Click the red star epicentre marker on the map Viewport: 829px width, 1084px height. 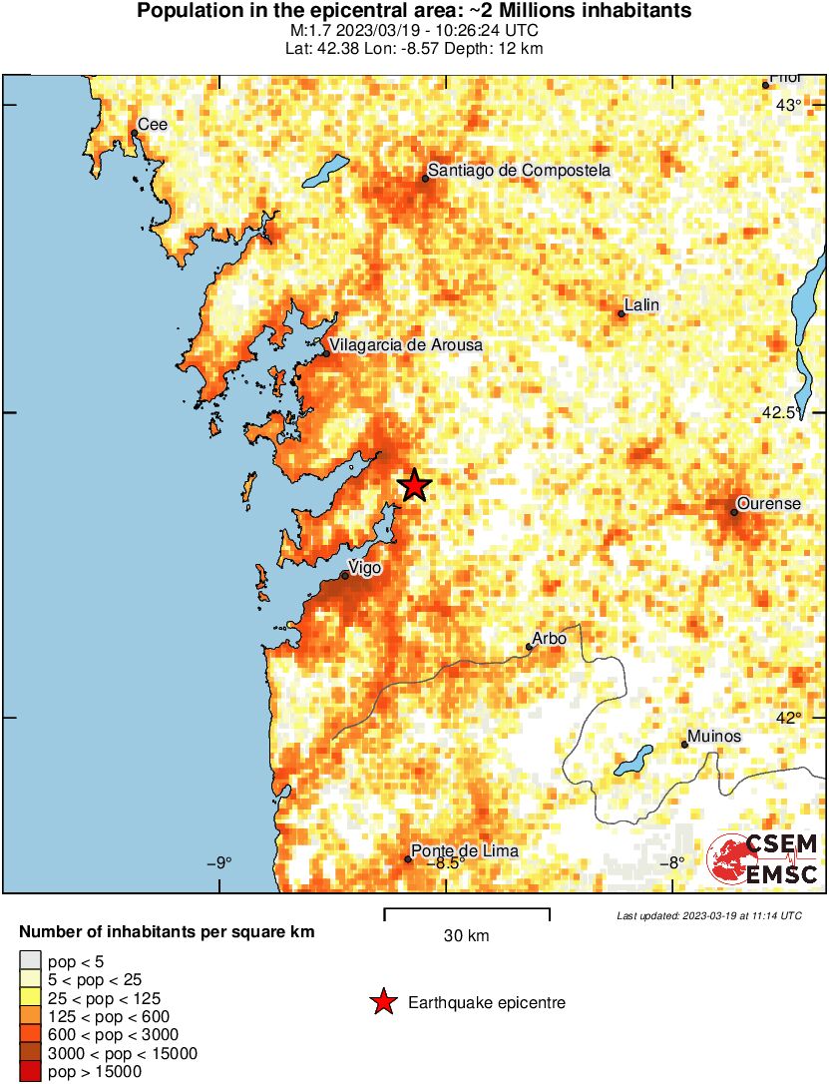coord(414,486)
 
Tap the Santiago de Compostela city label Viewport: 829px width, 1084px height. coord(519,171)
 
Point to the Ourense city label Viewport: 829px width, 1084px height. coord(768,504)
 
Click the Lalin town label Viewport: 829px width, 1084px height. coord(641,304)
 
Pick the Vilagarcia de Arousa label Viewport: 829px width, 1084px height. coord(407,345)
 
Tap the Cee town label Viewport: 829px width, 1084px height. coord(153,125)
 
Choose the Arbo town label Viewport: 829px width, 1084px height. coord(550,638)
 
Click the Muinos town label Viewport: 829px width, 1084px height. coord(714,736)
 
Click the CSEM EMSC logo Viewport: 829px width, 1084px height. coord(763,859)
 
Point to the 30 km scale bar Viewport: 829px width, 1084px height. coord(467,909)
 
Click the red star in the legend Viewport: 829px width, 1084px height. coord(383,1003)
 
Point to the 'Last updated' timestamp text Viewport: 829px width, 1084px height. coord(708,915)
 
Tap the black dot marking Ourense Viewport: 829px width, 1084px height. coord(733,512)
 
